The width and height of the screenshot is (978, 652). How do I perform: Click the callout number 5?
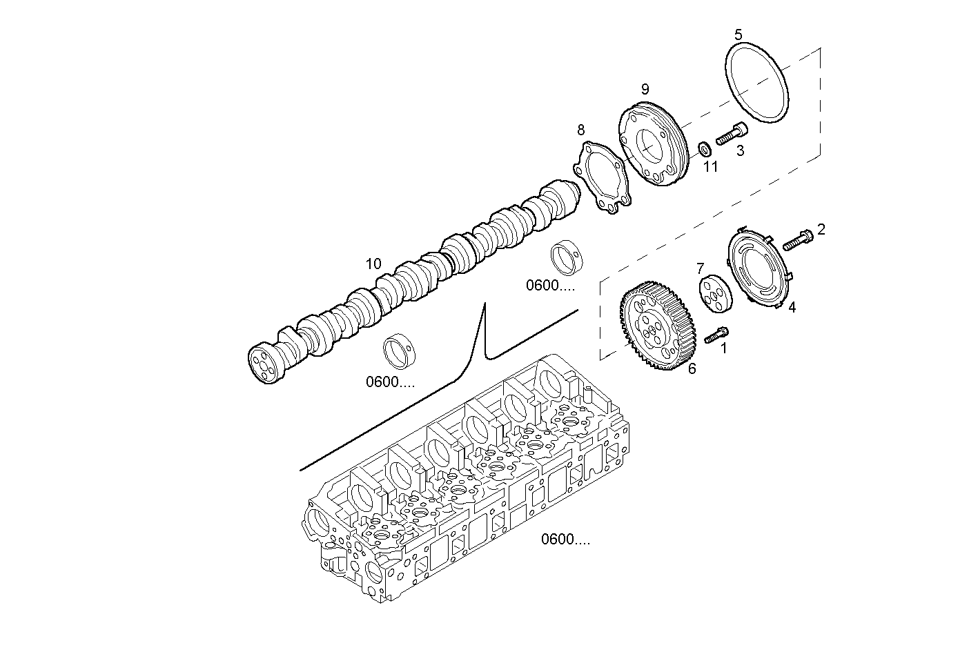click(738, 34)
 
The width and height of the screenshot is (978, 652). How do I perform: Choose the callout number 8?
click(580, 129)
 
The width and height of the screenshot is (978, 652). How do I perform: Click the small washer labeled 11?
click(704, 148)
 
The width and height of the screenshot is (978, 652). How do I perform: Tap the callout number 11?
click(710, 166)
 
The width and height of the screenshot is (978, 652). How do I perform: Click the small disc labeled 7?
click(713, 293)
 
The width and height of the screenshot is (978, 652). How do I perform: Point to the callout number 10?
click(373, 264)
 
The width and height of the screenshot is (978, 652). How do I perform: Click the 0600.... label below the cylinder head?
click(565, 539)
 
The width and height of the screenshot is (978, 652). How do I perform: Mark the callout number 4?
click(792, 308)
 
